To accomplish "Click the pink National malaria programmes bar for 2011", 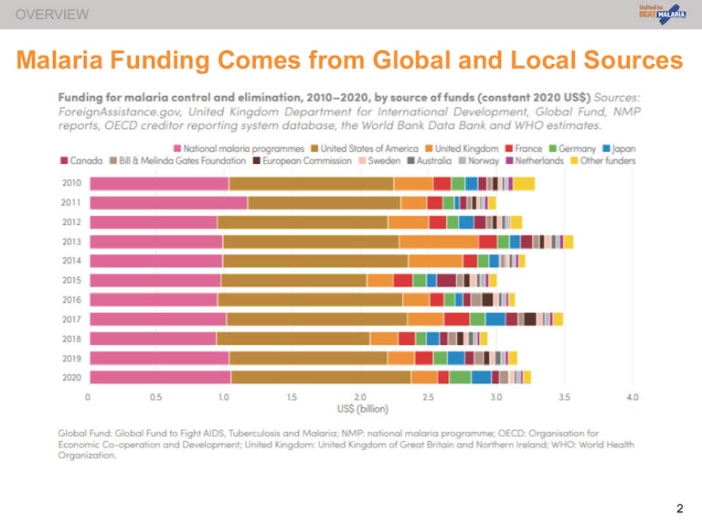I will [168, 202].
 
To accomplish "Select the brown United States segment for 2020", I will [321, 377].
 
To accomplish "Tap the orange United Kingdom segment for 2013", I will [439, 242].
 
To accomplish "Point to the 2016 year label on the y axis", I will [71, 299].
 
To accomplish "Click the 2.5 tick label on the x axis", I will [428, 398].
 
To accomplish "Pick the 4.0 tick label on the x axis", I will [633, 398].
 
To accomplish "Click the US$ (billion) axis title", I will [359, 409].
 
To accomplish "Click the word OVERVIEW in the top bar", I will [52, 14].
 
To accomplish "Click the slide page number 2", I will [679, 509].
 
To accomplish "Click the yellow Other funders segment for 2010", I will [524, 183].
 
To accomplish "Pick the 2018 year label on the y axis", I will [71, 339].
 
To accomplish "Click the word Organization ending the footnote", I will [87, 455].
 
